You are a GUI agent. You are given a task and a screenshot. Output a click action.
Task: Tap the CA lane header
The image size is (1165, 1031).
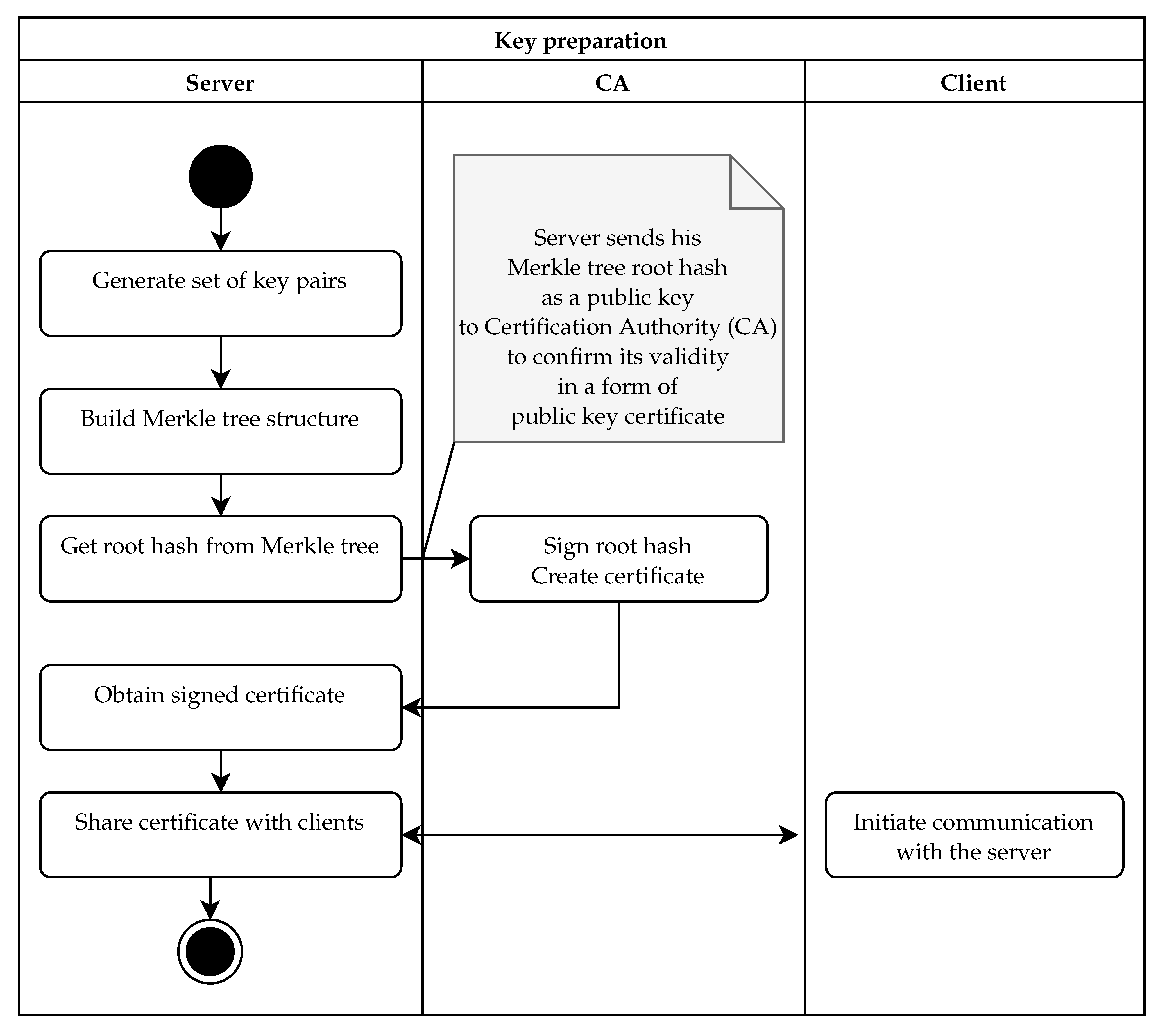pyautogui.click(x=612, y=83)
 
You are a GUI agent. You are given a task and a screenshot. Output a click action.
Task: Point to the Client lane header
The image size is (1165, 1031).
pyautogui.click(x=973, y=83)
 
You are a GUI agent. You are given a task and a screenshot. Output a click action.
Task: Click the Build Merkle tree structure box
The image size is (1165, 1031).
pyautogui.click(x=221, y=432)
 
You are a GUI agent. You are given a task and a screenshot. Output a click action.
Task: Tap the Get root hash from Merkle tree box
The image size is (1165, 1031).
pyautogui.click(x=221, y=558)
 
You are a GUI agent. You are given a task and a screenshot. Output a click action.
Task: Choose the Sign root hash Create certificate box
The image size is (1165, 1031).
pyautogui.click(x=618, y=558)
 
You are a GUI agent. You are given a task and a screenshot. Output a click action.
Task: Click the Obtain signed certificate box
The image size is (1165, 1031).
pyautogui.click(x=221, y=707)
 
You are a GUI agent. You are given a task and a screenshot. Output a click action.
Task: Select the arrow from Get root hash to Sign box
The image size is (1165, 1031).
pyautogui.click(x=436, y=558)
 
